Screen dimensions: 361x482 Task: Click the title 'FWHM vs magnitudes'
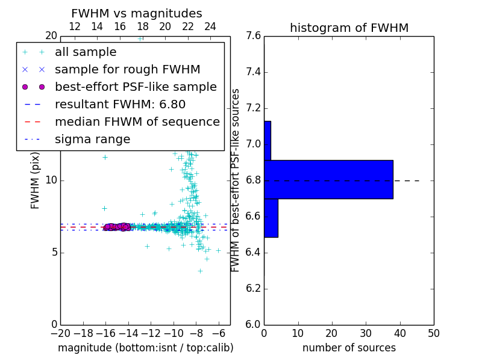coord(136,14)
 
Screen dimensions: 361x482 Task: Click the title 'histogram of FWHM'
coord(349,28)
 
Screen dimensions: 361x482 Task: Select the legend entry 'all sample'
coord(86,52)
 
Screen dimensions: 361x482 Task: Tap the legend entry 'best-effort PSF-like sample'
coord(136,87)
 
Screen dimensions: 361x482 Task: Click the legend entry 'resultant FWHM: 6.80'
coord(120,105)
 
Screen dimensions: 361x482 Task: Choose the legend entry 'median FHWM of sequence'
coord(137,122)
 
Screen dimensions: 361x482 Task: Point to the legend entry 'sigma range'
coord(92,140)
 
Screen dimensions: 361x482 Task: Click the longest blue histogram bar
coord(328,179)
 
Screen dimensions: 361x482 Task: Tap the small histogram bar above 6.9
coord(267,140)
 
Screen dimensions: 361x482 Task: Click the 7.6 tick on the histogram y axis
coord(254,36)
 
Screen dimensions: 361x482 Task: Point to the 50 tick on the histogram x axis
coord(433,333)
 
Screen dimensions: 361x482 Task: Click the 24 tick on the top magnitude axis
coord(210,27)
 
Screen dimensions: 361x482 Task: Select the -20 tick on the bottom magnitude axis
coord(60,333)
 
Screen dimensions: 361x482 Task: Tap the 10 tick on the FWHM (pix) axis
coord(51,180)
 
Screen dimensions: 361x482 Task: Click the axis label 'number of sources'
coord(349,348)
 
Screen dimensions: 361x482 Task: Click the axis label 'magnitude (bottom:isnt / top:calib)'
coord(145,348)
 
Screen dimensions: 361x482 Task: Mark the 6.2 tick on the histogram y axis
coord(254,289)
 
